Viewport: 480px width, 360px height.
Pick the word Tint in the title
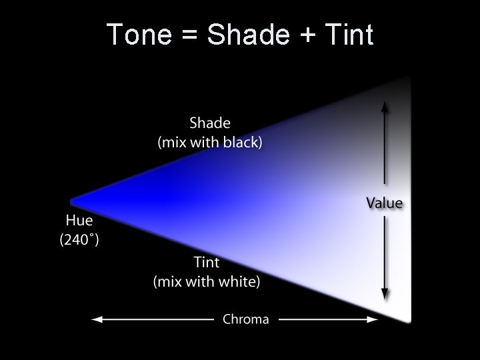[348, 35]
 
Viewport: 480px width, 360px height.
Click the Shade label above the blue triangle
[210, 123]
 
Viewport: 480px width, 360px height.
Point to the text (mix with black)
[210, 142]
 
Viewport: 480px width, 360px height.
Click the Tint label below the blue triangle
[207, 263]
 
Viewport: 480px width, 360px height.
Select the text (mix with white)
[207, 281]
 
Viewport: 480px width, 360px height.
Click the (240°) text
[79, 239]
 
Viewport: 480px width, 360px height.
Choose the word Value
[385, 203]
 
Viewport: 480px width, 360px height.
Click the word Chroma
[246, 319]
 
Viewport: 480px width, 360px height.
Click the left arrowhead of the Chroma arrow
[96, 319]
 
